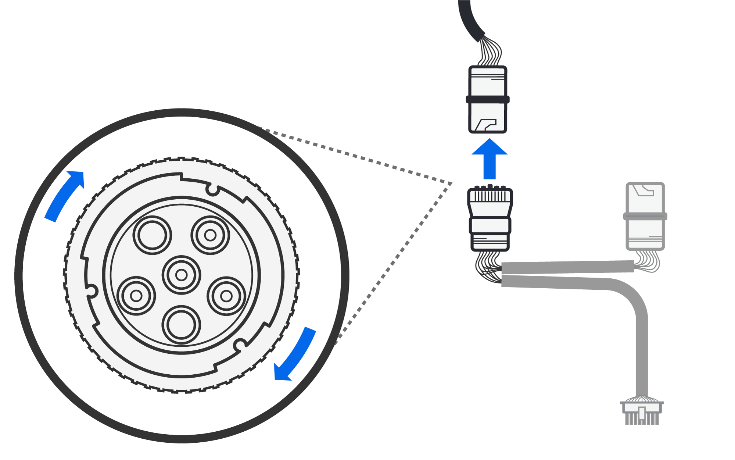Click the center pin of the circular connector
tap(181, 275)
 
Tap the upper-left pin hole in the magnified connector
tap(152, 235)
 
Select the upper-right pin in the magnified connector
tap(210, 235)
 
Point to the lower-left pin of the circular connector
tap(136, 296)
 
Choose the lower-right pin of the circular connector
tap(226, 296)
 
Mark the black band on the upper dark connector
tap(488, 99)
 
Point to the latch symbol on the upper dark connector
tap(485, 125)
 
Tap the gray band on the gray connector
tap(645, 216)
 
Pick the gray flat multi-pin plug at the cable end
tap(642, 412)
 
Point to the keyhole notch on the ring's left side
tap(92, 291)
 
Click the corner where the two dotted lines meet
tap(452, 183)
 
